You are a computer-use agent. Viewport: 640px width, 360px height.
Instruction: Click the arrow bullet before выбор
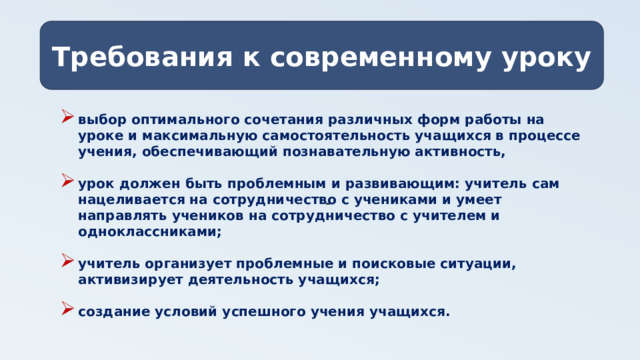click(x=67, y=118)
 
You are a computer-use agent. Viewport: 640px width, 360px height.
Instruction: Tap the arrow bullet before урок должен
click(x=67, y=183)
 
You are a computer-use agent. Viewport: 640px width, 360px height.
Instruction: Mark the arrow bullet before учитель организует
click(x=67, y=264)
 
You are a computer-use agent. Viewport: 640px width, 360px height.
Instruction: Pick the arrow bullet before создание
click(x=67, y=311)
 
